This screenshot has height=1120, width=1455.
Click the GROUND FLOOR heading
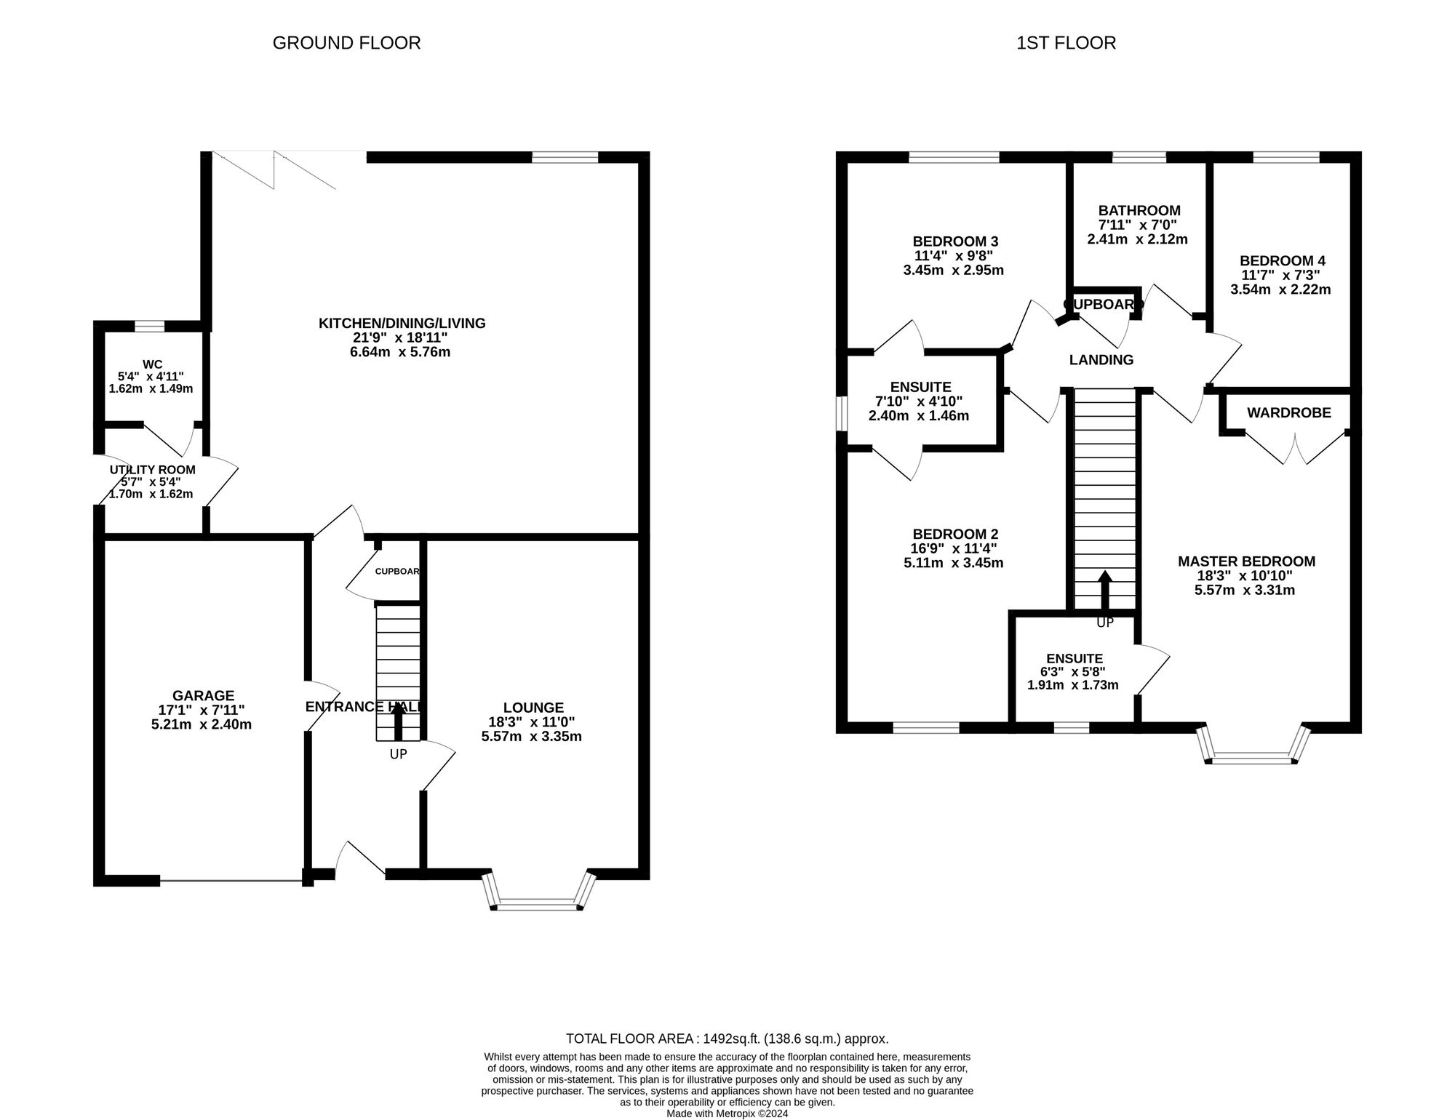(346, 43)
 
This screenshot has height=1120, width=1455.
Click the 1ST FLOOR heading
(1066, 43)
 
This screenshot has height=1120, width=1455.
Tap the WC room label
(153, 364)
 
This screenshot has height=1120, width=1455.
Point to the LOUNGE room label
(533, 708)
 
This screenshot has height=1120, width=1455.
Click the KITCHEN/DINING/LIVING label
(402, 323)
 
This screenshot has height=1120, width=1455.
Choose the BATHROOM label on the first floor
(1139, 211)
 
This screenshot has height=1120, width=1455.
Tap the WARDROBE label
(1289, 413)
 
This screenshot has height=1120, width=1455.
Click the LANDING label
(1101, 359)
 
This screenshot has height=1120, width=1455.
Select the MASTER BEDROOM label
(1246, 561)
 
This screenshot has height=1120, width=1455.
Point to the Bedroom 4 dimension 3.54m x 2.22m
(1280, 289)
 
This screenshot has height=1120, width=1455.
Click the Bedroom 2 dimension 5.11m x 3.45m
(953, 562)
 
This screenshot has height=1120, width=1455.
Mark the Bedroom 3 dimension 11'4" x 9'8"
(954, 256)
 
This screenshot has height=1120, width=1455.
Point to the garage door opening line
(231, 881)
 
